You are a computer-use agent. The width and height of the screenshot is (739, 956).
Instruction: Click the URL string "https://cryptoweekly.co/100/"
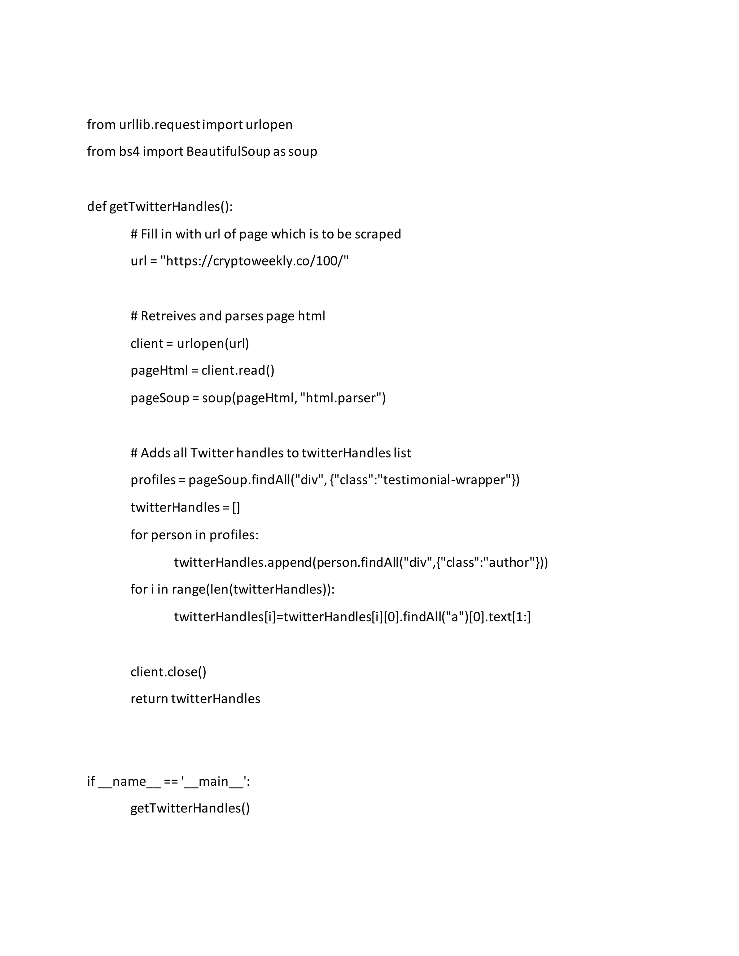pyautogui.click(x=254, y=261)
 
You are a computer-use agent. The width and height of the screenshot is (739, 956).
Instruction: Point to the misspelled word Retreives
pyautogui.click(x=168, y=316)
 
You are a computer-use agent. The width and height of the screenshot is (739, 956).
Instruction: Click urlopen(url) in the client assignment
pyautogui.click(x=213, y=343)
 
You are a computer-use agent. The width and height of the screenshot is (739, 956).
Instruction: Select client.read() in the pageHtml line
pyautogui.click(x=238, y=370)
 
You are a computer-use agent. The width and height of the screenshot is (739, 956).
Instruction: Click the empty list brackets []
pyautogui.click(x=236, y=507)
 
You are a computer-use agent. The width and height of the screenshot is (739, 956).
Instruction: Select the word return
pyautogui.click(x=149, y=699)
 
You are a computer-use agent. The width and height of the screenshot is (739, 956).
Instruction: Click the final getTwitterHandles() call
pyautogui.click(x=190, y=808)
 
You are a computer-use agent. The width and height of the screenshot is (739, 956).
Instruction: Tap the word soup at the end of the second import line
pyautogui.click(x=302, y=152)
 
